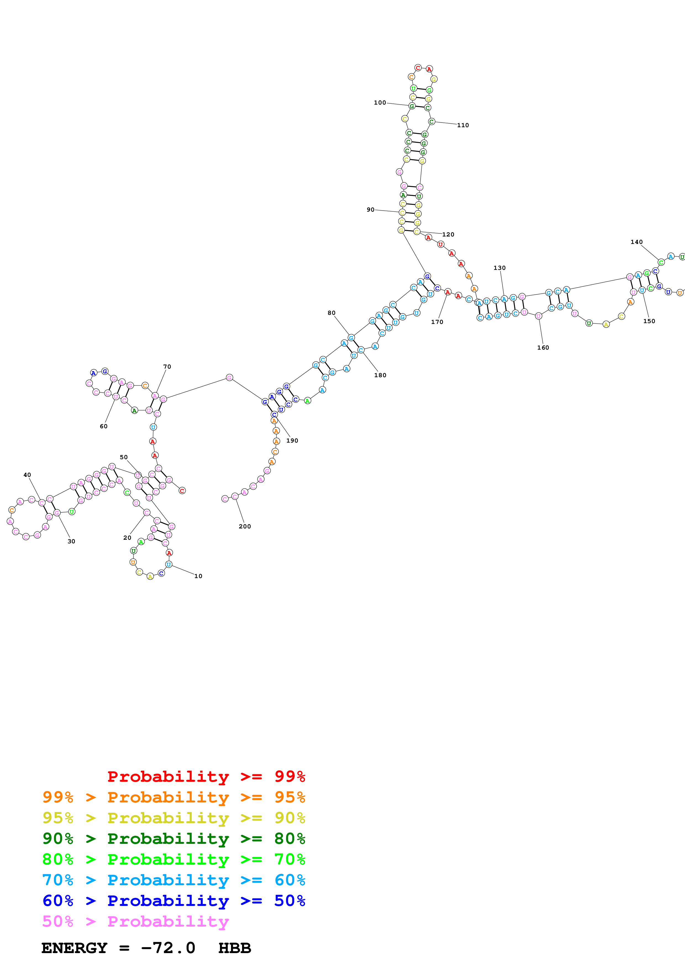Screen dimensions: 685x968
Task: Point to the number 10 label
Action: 198,576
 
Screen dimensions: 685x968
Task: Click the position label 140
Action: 636,242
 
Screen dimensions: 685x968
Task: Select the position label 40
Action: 27,475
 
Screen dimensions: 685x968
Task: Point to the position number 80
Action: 331,313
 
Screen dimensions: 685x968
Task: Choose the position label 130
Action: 499,268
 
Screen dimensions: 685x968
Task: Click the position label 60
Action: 103,426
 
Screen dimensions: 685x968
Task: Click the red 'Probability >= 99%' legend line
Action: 206,776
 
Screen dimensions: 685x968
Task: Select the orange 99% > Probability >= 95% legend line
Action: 174,797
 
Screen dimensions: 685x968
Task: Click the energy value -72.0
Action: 168,948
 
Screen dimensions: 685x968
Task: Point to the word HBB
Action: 234,948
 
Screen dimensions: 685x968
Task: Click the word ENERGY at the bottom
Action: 74,948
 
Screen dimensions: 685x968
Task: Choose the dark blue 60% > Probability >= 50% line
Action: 174,901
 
